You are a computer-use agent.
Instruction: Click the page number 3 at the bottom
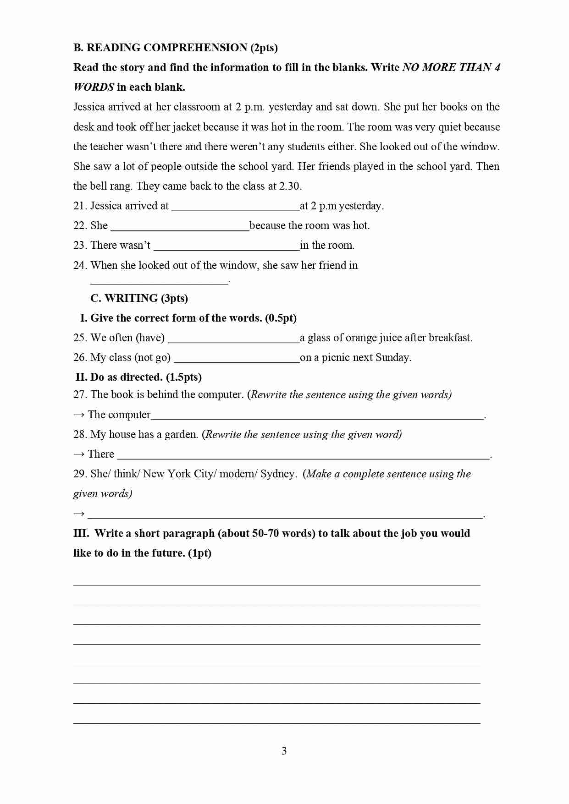point(284,751)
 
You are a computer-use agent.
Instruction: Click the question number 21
point(80,206)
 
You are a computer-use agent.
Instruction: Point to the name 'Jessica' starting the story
point(89,107)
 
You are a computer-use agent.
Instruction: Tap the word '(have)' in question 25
point(150,338)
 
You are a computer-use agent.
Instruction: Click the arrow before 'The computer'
point(79,415)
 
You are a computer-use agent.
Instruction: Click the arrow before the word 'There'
point(79,454)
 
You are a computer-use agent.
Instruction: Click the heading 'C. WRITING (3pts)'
point(139,298)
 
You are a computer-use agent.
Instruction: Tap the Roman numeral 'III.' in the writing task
point(81,534)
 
